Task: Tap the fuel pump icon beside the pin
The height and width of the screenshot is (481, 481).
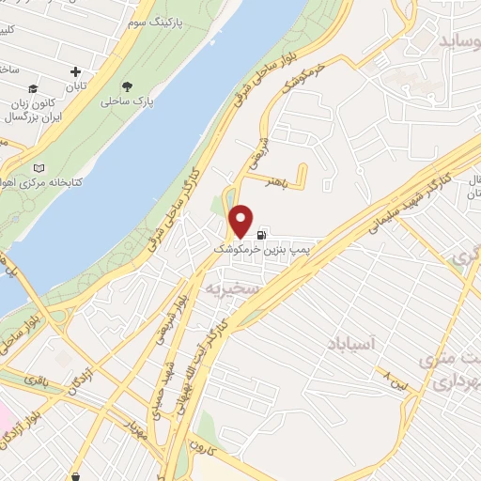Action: [x=260, y=235]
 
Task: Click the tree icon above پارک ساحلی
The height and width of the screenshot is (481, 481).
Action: [x=140, y=86]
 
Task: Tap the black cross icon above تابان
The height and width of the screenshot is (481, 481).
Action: [x=76, y=71]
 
